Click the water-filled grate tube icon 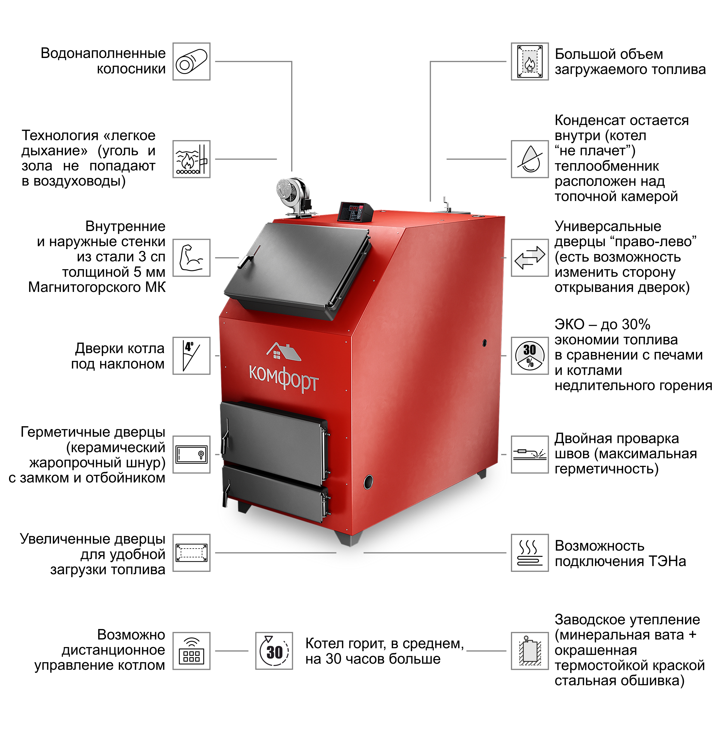(192, 61)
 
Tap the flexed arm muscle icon (192, 258)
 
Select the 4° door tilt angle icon (192, 356)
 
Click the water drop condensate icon (530, 159)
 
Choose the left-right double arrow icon (530, 258)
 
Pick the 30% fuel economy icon (530, 356)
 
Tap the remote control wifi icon (192, 651)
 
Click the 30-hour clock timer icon (274, 651)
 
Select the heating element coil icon (530, 553)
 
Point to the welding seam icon (530, 454)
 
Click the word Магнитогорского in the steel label (81, 287)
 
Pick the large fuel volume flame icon (530, 61)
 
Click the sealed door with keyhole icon (192, 454)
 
